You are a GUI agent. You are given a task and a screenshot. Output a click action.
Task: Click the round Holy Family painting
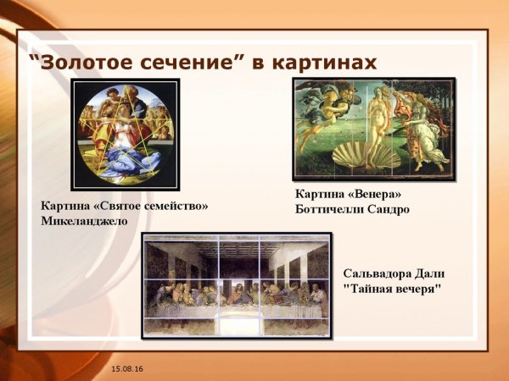click(x=126, y=134)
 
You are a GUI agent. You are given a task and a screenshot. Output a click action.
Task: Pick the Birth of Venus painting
click(x=374, y=129)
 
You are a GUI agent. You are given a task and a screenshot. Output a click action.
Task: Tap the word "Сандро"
click(x=389, y=209)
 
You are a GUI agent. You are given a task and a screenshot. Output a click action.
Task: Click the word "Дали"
click(x=433, y=273)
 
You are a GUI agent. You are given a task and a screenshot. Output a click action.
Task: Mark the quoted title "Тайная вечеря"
click(x=392, y=290)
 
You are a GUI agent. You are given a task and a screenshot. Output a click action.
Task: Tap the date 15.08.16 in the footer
click(x=126, y=370)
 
